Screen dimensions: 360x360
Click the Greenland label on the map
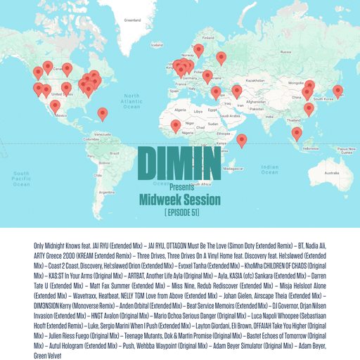132,20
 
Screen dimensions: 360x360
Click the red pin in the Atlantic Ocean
103,112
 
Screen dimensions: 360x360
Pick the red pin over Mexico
55,105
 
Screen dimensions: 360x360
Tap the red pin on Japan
337,91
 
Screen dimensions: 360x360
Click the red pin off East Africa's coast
241,140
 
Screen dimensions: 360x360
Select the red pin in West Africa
175,126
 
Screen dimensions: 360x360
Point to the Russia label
286,51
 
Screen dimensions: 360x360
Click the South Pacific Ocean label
21,179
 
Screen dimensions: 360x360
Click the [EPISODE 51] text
179,212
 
